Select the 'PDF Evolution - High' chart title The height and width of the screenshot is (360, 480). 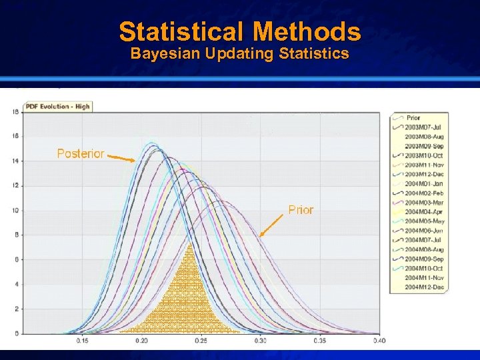(57, 106)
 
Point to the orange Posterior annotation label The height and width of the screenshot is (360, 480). (81, 154)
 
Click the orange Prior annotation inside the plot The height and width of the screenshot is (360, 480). (301, 210)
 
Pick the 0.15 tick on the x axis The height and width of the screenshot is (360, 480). (83, 341)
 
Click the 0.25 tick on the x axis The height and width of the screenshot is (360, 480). (201, 341)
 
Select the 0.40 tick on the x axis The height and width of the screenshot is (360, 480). (379, 341)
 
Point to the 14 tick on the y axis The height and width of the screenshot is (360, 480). (15, 161)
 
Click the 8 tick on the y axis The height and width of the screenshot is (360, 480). (17, 235)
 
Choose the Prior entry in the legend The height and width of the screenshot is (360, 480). (413, 118)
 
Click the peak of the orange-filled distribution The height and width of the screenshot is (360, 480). (189, 244)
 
